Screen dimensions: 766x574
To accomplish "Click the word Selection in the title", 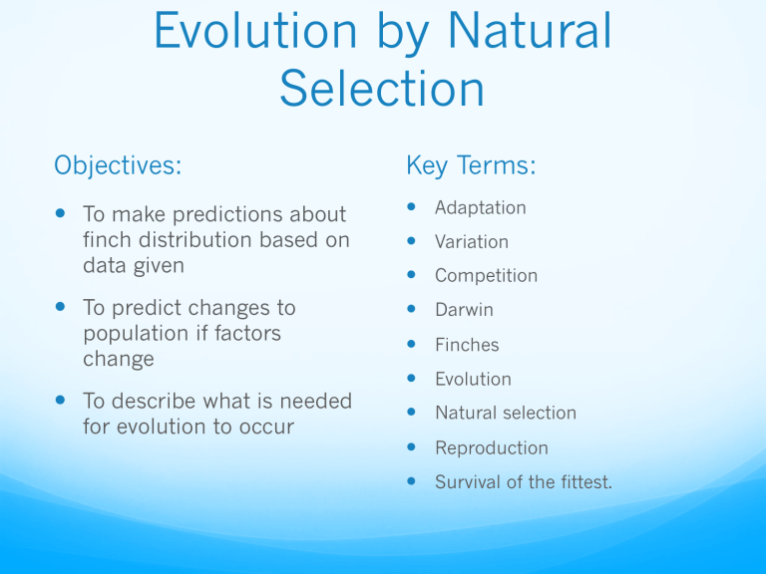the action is coord(382,89).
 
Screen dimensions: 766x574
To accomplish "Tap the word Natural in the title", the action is coord(529,30).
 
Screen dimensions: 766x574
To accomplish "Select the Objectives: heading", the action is coord(118,165).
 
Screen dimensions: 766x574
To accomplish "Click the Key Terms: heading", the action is coord(471,165).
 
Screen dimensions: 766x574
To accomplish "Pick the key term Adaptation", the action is coord(480,208).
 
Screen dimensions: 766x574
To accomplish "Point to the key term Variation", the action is coord(472,241).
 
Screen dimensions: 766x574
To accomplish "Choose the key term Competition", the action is coord(486,276).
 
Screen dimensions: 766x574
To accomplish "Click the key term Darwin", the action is coord(464,310).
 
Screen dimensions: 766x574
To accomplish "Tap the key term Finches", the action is coord(467,345).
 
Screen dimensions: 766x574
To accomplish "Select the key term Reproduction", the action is coord(492,448).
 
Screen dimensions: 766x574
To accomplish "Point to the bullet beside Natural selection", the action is coord(411,412).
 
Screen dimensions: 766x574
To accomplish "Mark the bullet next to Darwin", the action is coord(411,309).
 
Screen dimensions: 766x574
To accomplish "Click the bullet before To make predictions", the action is coord(60,213).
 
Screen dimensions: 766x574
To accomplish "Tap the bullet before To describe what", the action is coord(60,400).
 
